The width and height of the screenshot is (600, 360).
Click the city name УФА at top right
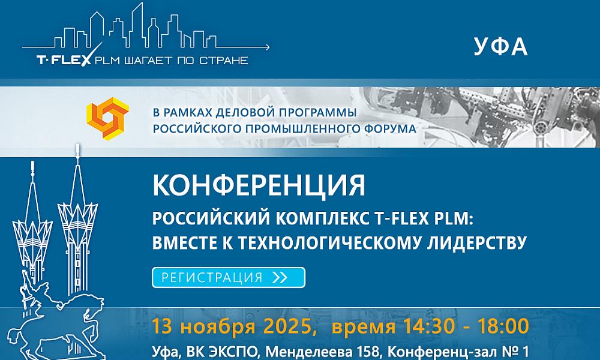[500, 47]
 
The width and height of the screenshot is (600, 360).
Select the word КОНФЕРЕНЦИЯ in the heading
[259, 185]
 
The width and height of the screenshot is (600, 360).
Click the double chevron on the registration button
[280, 277]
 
